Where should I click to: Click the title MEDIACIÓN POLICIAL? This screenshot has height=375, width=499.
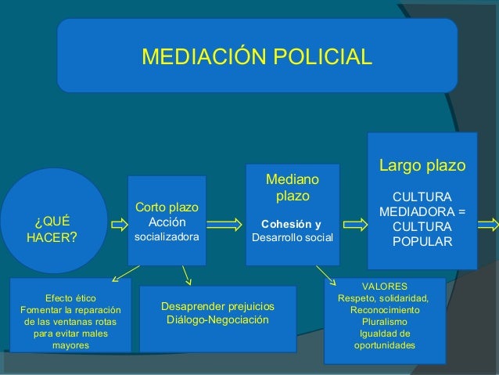point(257,57)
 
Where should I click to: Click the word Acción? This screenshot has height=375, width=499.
point(167,222)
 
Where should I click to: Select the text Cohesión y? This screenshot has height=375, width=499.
point(290,221)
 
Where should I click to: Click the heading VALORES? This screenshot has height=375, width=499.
point(384,287)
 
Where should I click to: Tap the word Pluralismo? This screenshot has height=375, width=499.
point(384,322)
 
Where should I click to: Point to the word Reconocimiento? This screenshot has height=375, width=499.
point(384,310)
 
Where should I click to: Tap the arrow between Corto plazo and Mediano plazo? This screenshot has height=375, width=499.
point(225,225)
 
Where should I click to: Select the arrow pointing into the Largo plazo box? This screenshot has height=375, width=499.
point(354,225)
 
